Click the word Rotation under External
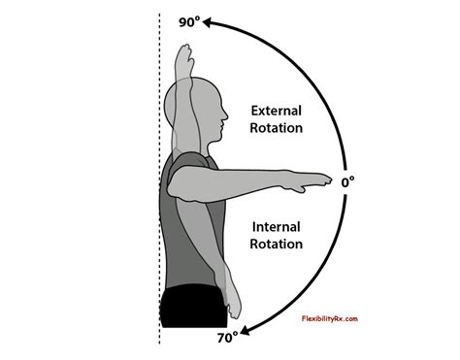coord(277,127)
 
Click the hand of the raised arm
coord(181,53)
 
